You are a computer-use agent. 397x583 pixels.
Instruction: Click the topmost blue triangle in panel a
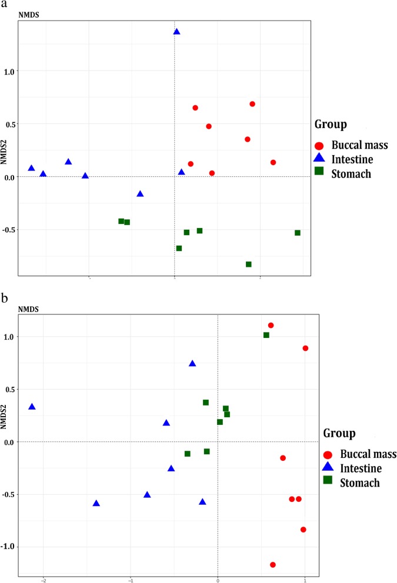(x=176, y=32)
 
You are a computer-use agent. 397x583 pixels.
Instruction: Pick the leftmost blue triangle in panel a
(x=32, y=168)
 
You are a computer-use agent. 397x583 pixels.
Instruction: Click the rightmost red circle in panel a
(x=273, y=162)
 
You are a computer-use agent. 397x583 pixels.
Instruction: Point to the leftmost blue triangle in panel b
(x=32, y=407)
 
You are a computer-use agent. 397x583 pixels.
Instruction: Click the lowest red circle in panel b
(x=273, y=565)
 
